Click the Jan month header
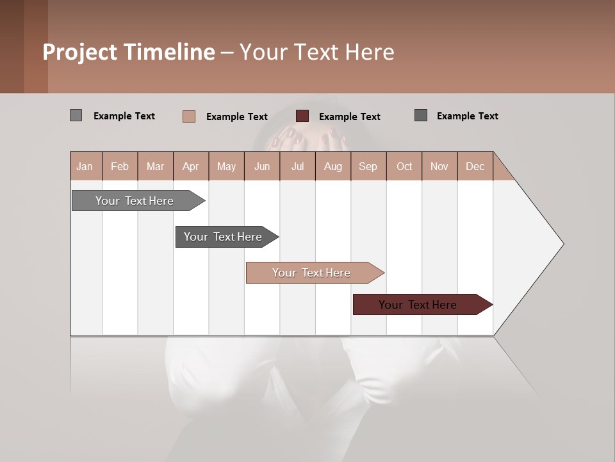(85, 166)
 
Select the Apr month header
(190, 166)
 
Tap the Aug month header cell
(332, 166)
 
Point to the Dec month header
(475, 166)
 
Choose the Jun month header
(261, 166)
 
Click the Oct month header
(404, 166)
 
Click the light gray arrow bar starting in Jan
(135, 201)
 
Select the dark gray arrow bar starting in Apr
(223, 237)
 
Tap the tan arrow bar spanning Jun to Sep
(311, 273)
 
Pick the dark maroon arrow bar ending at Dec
(418, 305)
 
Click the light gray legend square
(76, 116)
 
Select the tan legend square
(188, 116)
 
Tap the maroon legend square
(302, 116)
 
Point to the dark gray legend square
(420, 116)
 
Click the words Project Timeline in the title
(128, 52)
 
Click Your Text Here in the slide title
(316, 52)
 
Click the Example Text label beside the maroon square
(349, 117)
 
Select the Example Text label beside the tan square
(236, 117)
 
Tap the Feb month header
(120, 166)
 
